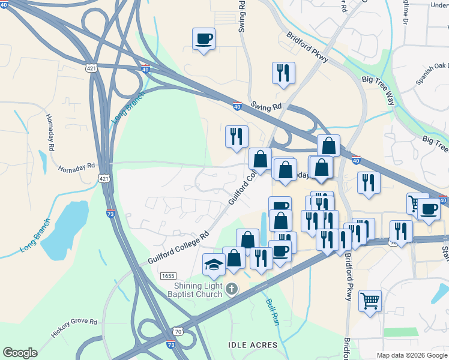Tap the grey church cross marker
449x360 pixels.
point(232,290)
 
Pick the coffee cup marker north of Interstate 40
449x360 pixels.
point(203,39)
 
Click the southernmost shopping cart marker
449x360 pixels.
point(370,300)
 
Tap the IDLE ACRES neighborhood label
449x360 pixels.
point(253,345)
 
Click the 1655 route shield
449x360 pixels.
point(168,275)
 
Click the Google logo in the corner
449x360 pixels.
point(20,353)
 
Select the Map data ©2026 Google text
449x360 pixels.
point(412,355)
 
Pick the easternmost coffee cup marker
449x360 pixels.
point(429,209)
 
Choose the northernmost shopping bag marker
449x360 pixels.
point(328,145)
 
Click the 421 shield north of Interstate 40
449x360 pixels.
point(91,66)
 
